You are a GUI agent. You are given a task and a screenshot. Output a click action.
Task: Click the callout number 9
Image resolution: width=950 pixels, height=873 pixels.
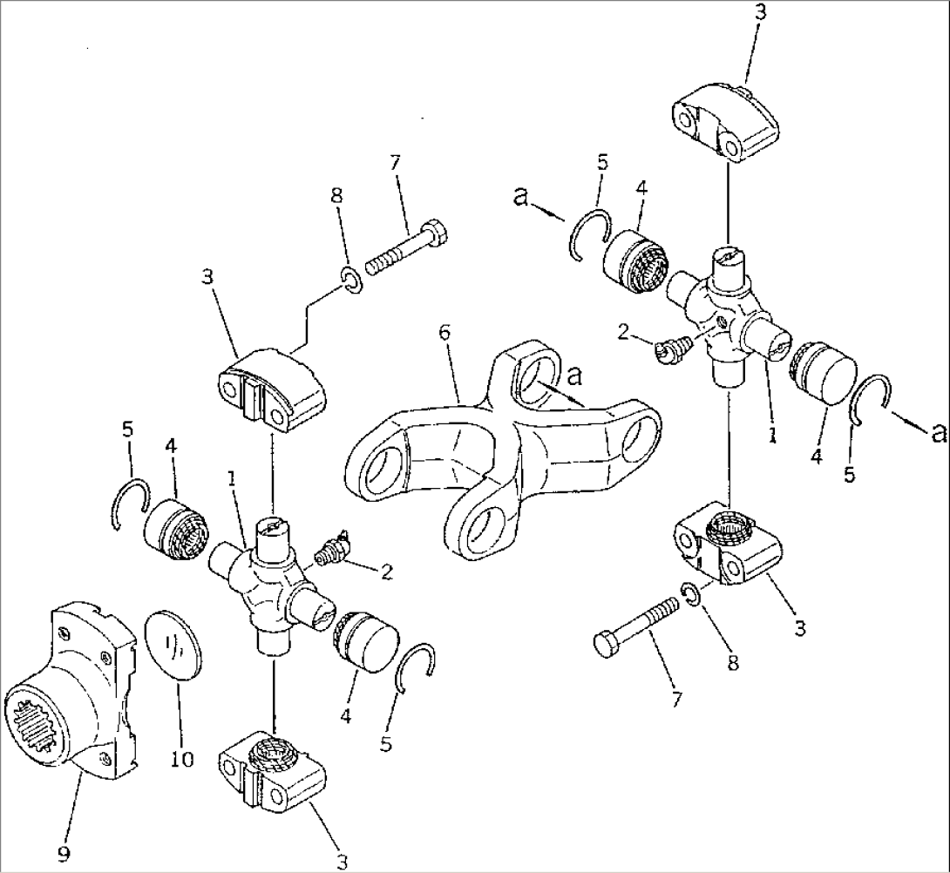pyautogui.click(x=63, y=854)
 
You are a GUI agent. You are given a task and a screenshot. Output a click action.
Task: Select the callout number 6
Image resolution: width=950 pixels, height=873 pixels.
pyautogui.click(x=446, y=333)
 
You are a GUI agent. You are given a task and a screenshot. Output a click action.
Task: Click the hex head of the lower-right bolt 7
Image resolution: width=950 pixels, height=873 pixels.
pyautogui.click(x=607, y=646)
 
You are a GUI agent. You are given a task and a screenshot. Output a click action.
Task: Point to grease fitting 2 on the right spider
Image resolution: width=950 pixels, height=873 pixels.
pyautogui.click(x=667, y=349)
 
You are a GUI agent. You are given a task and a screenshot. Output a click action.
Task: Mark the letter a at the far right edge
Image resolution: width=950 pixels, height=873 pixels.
pyautogui.click(x=938, y=432)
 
